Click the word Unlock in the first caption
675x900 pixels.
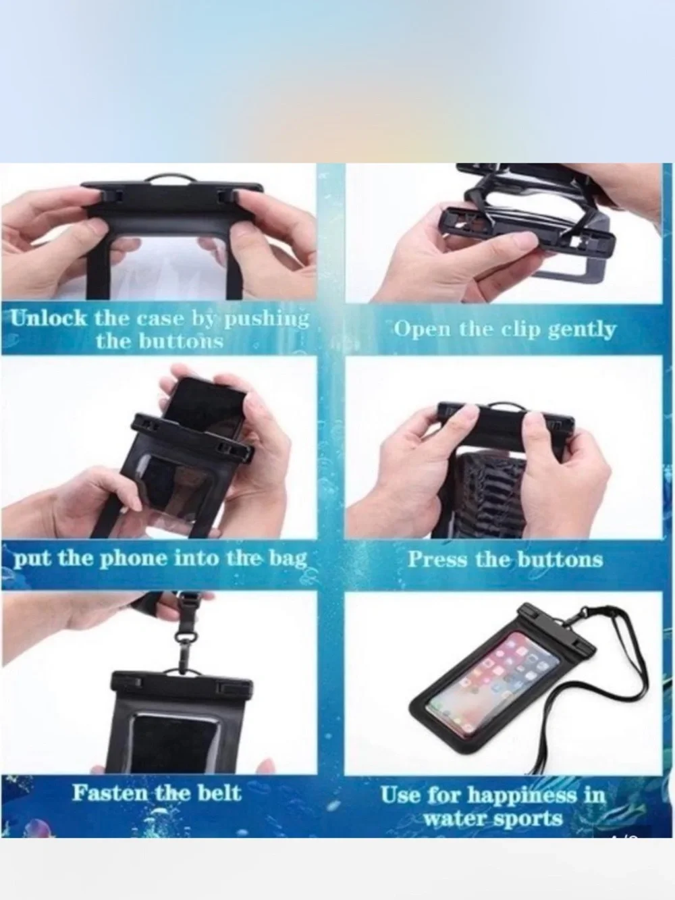(x=49, y=318)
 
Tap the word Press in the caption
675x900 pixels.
(x=437, y=559)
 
